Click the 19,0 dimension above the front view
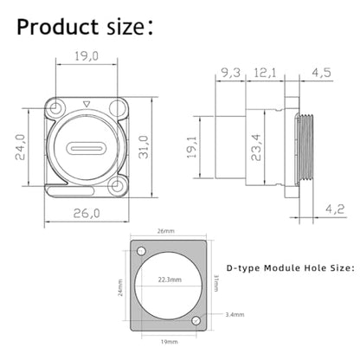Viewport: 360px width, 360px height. click(x=87, y=56)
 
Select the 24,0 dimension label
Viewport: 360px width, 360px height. click(x=21, y=147)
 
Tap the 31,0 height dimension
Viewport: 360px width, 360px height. click(x=144, y=147)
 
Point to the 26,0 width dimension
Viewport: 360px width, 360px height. click(x=87, y=214)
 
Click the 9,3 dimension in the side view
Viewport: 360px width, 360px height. click(x=230, y=73)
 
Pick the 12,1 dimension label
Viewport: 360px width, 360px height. click(x=265, y=73)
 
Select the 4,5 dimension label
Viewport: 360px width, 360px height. click(x=321, y=73)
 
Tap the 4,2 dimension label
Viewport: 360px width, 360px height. click(x=335, y=209)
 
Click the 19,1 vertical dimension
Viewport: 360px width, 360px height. click(x=191, y=147)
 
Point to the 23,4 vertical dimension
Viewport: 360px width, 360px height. click(x=256, y=147)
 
